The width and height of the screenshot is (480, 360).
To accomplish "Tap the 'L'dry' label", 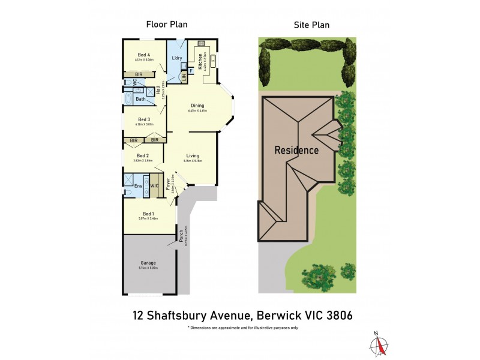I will [177, 58].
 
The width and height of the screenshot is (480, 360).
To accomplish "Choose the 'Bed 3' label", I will [144, 119].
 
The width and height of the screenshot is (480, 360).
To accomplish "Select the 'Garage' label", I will [148, 263].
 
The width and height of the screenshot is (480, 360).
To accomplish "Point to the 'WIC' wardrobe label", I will [154, 186].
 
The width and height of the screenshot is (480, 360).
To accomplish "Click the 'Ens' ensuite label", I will [137, 186].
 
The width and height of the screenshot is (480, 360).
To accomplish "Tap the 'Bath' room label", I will [140, 99].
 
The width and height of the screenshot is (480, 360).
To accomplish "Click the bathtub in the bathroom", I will [129, 99].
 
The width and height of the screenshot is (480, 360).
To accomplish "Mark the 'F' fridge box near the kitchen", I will [191, 71].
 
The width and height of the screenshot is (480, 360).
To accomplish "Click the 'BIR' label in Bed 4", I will [139, 74].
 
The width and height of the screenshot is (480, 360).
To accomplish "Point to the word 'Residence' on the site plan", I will [296, 150].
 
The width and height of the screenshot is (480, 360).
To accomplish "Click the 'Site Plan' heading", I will [311, 25].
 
